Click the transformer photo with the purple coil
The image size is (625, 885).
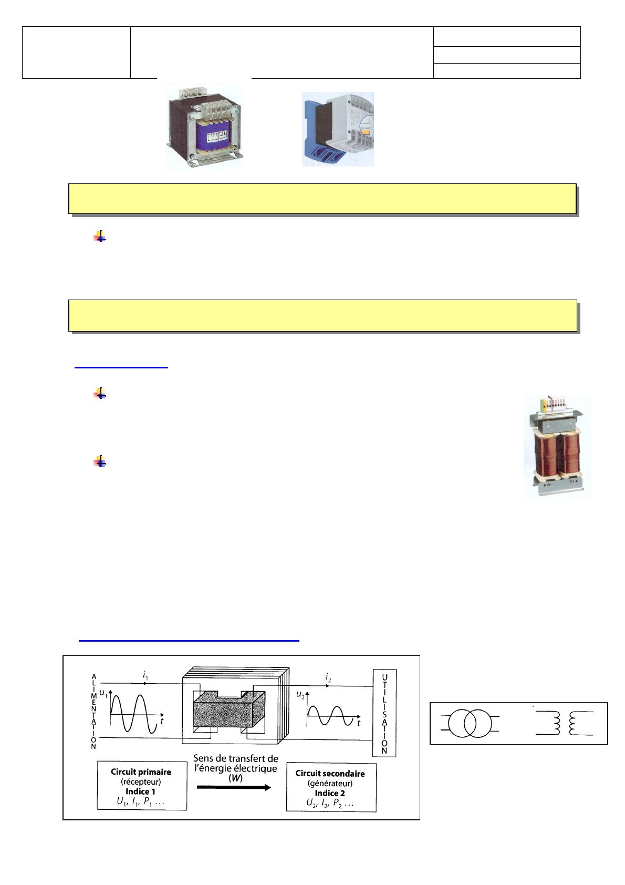204,126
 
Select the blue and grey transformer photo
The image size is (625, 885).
338,129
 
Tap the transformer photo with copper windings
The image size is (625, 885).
557,447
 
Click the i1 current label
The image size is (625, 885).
145,675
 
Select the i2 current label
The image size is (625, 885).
328,678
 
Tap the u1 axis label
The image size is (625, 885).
103,693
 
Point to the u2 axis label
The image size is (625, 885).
300,695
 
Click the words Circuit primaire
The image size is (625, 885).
141,772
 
